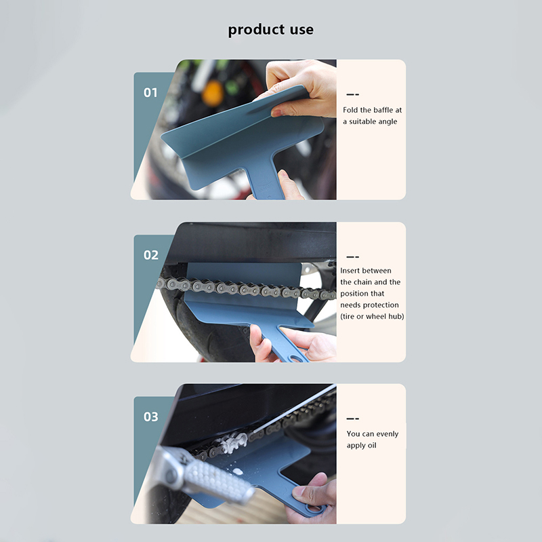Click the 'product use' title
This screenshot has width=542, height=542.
point(270,30)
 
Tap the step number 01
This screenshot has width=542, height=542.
point(150,92)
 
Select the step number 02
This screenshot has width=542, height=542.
point(150,255)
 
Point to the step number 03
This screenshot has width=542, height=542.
point(150,417)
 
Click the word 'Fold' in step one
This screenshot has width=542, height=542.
point(350,110)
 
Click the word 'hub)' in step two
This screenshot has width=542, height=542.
point(396,316)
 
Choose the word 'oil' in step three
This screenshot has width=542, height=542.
point(372,446)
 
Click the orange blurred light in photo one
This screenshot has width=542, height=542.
point(212,92)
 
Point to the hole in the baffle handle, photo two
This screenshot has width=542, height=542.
point(295,358)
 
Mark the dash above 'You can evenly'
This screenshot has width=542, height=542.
point(353,419)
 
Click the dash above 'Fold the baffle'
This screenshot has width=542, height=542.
point(353,94)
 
